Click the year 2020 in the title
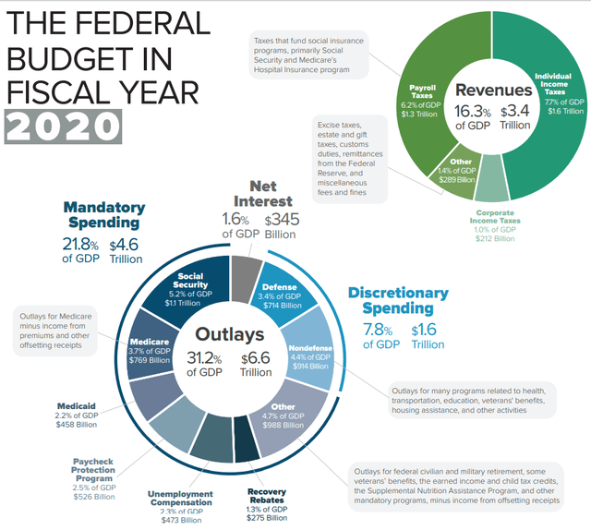[x=63, y=124]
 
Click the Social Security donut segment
[x=196, y=288]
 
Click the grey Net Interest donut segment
[x=245, y=274]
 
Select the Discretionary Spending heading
[x=398, y=300]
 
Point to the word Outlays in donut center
[x=229, y=334]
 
